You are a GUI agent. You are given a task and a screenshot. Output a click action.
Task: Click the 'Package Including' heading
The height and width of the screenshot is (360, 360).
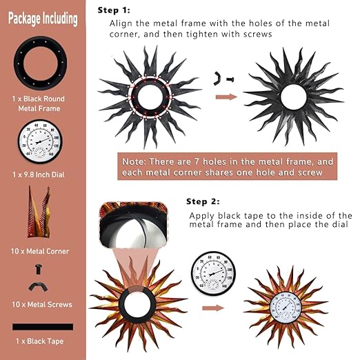43,19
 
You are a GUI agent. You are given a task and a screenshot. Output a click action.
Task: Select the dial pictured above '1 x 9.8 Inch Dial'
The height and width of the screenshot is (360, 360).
40,141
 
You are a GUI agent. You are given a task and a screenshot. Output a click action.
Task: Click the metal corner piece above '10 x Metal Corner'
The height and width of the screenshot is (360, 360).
39,212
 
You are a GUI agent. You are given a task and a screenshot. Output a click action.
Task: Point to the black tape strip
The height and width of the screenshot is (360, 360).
43,327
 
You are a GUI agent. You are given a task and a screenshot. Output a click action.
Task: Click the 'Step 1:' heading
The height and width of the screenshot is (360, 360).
114,10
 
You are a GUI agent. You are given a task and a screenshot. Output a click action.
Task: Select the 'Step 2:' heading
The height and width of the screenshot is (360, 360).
203,201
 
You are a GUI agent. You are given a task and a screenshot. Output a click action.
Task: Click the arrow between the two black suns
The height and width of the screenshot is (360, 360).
226,97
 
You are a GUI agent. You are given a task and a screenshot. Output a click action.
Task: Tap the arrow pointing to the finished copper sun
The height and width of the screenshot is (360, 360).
213,308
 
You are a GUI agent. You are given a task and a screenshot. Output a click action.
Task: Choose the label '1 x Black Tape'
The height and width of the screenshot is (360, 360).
39,341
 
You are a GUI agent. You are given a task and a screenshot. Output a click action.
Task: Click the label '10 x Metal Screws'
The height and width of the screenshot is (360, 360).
42,305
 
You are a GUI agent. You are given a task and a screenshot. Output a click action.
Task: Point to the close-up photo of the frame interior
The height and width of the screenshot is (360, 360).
134,225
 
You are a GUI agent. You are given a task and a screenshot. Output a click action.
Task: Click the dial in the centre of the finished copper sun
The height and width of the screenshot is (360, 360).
285,306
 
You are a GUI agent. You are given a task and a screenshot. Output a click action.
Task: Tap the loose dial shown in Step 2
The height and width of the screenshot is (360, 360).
213,273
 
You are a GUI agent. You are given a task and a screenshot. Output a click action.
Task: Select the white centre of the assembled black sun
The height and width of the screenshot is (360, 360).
294,97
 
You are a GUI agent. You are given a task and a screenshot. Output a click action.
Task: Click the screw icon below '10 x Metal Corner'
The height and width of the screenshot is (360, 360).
38,269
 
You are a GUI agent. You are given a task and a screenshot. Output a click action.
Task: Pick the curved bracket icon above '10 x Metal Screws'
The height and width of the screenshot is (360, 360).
38,287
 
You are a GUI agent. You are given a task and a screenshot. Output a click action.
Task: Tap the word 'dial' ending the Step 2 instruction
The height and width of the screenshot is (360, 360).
340,224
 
